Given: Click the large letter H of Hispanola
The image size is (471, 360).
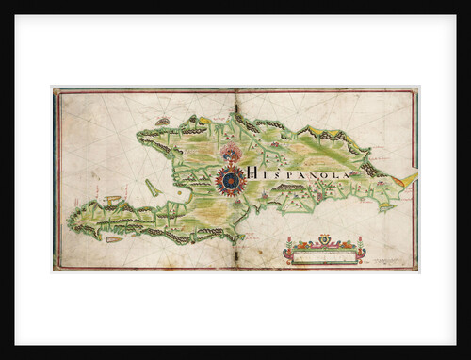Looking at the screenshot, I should [x=253, y=173].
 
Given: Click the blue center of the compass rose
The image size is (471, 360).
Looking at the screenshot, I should [x=231, y=179].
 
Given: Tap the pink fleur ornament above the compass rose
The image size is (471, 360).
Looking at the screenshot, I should [x=231, y=153].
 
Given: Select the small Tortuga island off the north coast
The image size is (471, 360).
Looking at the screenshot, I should [x=164, y=121].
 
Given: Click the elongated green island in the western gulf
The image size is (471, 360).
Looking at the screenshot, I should [x=153, y=188].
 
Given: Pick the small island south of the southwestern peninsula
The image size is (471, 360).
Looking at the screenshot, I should [x=114, y=239].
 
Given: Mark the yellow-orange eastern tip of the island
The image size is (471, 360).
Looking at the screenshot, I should [x=405, y=178].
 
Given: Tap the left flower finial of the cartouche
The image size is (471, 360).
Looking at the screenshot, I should [x=289, y=246].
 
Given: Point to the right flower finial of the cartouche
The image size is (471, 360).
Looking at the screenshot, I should [x=360, y=246].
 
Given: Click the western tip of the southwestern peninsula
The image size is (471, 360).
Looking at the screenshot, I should [x=70, y=222].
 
